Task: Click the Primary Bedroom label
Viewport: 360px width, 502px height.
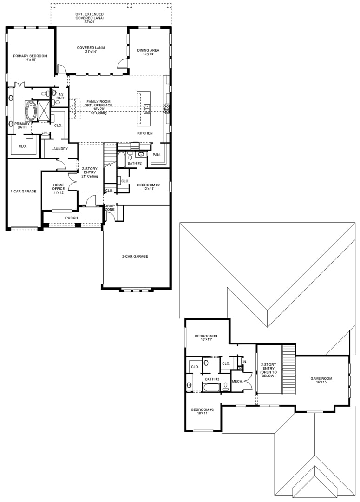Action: pos(30,58)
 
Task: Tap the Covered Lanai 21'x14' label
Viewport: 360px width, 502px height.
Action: pos(91,50)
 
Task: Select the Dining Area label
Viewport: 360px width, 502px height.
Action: pos(148,52)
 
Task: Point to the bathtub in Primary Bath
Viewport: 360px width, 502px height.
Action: pos(31,111)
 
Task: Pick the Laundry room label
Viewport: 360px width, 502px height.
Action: pos(59,149)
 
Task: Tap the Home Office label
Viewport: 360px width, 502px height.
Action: pos(59,189)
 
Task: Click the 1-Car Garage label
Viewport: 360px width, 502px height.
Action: pos(24,191)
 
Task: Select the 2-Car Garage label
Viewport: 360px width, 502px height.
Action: pos(135,256)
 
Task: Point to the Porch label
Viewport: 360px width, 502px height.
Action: pos(72,218)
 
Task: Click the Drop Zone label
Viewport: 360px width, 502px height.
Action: pos(110,207)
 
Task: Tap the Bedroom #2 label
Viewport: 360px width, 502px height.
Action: pos(149,187)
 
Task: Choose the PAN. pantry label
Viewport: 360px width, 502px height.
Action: pos(157,155)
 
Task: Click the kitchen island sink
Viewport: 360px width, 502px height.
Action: pos(147,108)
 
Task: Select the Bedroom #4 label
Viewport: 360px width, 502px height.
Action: pos(206,337)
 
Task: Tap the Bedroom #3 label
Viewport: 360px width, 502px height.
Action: pos(203,411)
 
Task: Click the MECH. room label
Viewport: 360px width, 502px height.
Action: pos(237,381)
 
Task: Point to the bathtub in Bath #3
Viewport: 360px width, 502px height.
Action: pos(212,387)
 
